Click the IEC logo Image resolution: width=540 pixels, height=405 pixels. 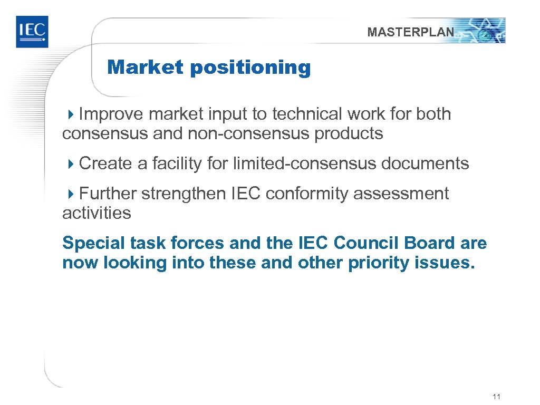tap(32, 32)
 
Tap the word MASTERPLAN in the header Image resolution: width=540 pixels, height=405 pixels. tap(410, 32)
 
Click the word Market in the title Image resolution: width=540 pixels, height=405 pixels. tap(145, 67)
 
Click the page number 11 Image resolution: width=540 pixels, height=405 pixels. tap(495, 397)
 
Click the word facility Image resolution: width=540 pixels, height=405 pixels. tap(177, 164)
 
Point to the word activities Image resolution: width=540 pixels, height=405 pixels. tap(97, 214)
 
